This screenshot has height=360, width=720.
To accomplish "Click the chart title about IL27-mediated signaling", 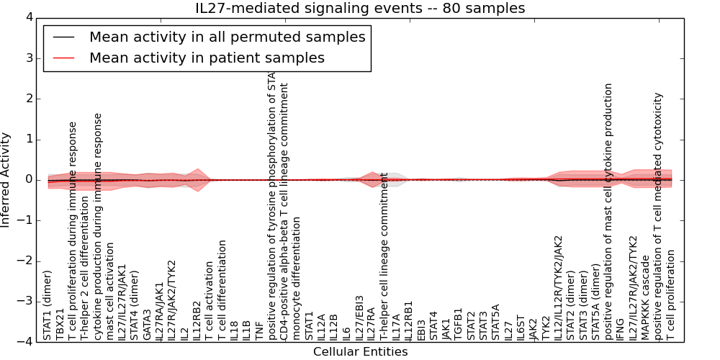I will coord(360,8).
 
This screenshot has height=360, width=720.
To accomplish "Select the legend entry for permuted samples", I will coord(227,37).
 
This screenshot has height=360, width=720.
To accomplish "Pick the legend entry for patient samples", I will coord(207,58).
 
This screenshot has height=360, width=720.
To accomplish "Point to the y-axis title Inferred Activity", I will coord(6,180).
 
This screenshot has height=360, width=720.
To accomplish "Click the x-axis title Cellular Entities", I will coord(360,352).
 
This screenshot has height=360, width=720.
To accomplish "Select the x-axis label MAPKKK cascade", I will coord(646,297).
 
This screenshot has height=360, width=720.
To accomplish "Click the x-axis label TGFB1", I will coord(459,324).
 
